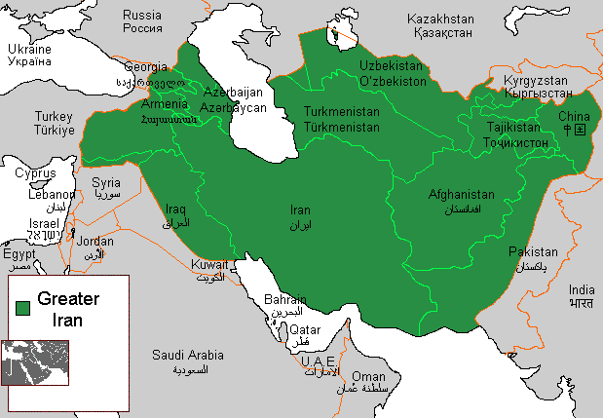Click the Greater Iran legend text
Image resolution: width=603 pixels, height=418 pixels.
68,308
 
